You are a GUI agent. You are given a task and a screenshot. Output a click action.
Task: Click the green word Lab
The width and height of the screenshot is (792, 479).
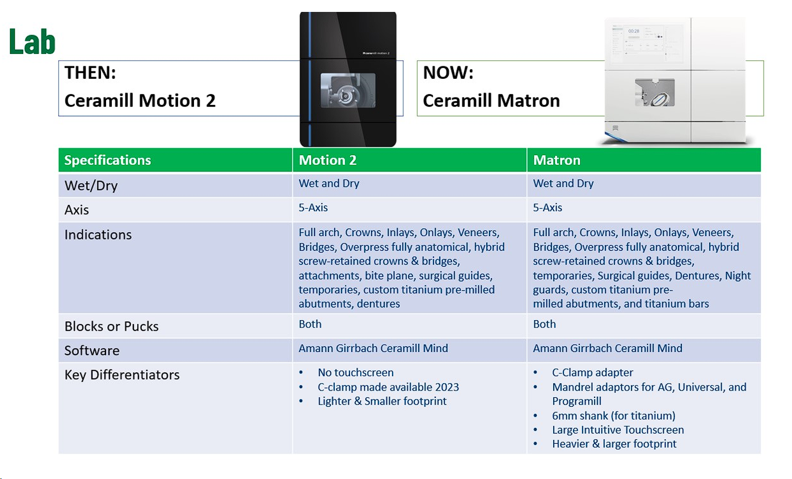(x=32, y=42)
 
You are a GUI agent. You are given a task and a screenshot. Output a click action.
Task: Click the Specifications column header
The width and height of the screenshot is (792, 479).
(x=107, y=160)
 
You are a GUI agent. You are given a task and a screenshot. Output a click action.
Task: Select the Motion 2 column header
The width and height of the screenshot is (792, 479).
(x=327, y=160)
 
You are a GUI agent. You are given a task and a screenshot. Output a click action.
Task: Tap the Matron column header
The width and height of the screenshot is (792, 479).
(x=557, y=160)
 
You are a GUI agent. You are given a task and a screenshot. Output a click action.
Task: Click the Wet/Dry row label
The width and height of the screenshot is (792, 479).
(x=91, y=186)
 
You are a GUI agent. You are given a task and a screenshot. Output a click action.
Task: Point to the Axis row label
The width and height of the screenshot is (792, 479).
(x=77, y=210)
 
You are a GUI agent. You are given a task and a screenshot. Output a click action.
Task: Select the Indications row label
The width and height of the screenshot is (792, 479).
(x=98, y=234)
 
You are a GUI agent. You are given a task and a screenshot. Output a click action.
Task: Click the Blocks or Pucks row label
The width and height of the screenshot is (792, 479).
(x=111, y=326)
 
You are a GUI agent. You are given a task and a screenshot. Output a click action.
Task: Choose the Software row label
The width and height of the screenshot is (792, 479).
(x=92, y=351)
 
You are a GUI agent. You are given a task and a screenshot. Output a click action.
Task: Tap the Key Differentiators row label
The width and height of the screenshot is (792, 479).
(x=122, y=375)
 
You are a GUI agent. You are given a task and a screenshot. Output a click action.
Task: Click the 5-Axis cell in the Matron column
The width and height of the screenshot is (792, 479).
(x=547, y=207)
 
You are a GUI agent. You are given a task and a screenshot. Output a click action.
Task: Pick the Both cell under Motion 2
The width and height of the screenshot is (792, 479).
(x=310, y=324)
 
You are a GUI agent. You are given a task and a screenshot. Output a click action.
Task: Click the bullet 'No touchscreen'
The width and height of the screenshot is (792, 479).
(x=355, y=372)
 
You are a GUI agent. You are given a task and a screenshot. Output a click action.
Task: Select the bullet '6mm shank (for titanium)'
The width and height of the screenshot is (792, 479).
(x=613, y=415)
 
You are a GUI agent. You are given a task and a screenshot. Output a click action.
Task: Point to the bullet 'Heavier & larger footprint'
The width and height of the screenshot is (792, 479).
(x=614, y=444)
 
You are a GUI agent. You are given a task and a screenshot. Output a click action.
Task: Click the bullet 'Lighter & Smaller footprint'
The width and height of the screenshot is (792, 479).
(x=382, y=401)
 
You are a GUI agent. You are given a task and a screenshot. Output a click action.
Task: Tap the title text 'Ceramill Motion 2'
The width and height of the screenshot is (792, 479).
(x=140, y=101)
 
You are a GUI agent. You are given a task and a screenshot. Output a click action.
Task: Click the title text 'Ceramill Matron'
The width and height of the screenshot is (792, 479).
(x=491, y=101)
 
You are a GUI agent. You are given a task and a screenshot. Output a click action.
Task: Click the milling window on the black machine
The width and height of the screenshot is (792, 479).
(x=348, y=91)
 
